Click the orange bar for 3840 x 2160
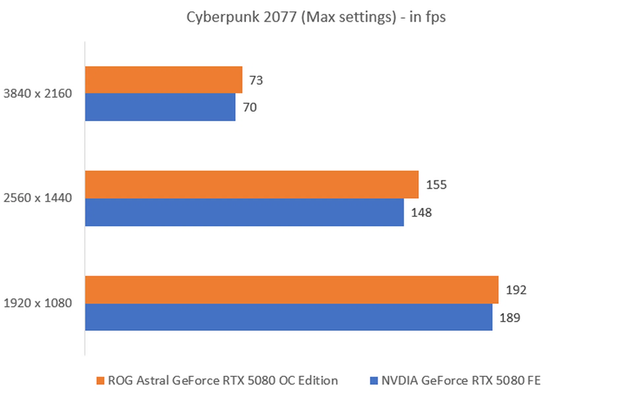tap(164, 80)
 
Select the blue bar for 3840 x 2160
tap(160, 107)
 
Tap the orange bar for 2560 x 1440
tap(252, 184)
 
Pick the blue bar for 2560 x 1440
tap(244, 212)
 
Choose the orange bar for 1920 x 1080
tap(291, 290)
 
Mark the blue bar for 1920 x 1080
tap(288, 317)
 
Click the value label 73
tap(256, 80)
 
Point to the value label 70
tap(250, 107)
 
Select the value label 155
tap(436, 185)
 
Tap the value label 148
tap(421, 212)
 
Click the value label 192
tap(516, 290)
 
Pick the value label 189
tap(510, 318)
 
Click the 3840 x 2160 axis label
tap(38, 93)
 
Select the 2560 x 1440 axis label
tap(38, 198)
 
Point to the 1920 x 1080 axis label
tap(38, 303)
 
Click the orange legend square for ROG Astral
tap(100, 381)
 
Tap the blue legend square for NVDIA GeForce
tap(374, 381)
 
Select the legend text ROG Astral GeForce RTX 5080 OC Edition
tap(223, 380)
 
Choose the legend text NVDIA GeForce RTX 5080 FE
tap(461, 380)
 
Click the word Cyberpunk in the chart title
tap(223, 17)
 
